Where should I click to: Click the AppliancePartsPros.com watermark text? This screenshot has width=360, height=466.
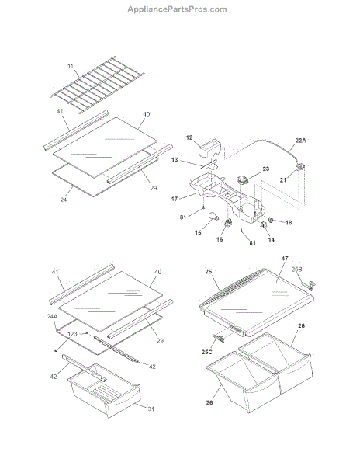[x=177, y=9]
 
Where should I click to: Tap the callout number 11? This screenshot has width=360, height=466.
[x=71, y=66]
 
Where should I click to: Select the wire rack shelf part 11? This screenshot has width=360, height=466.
[x=97, y=85]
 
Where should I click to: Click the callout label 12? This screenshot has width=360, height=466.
[x=189, y=137]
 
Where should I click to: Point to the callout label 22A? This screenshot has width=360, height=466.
[x=300, y=141]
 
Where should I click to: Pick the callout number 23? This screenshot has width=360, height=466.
[x=265, y=169]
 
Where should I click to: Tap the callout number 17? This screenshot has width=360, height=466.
[x=175, y=199]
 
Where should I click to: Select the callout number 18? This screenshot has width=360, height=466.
[x=289, y=222]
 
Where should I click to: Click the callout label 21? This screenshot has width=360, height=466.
[x=283, y=180]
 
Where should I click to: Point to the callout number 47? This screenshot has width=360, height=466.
[x=285, y=259]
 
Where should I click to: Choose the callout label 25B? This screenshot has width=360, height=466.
[x=297, y=270]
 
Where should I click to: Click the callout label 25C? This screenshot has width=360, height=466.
[x=207, y=352]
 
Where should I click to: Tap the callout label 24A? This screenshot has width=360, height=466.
[x=52, y=317]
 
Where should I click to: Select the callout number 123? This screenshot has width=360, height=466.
[x=72, y=334]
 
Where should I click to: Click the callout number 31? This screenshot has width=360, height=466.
[x=151, y=409]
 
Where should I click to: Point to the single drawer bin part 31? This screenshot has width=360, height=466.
[x=104, y=390]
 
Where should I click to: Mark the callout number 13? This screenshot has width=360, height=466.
[x=175, y=160]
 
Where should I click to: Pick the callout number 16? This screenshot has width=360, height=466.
[x=220, y=239]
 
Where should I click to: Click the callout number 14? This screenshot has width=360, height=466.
[x=272, y=239]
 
